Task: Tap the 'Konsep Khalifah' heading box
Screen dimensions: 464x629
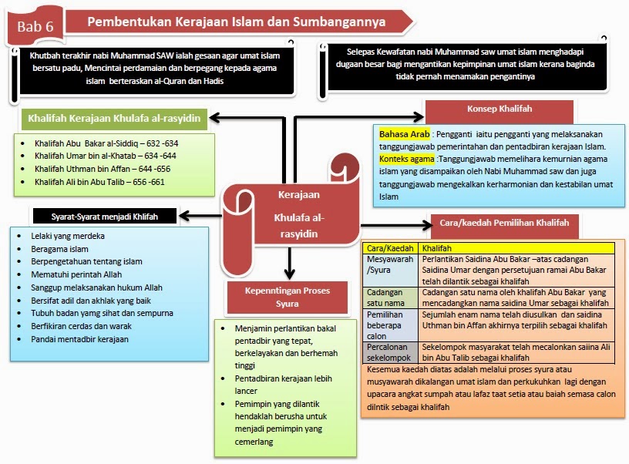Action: [499, 109]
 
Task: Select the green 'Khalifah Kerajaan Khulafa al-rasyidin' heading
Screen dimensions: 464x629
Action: [113, 119]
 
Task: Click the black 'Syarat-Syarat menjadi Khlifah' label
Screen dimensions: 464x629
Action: [103, 217]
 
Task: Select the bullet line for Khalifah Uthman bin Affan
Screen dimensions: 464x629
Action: [106, 169]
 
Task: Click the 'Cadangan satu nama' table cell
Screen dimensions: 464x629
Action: [389, 298]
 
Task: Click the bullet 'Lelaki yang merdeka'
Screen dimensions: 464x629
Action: [67, 236]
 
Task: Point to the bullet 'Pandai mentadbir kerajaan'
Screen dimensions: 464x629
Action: [80, 339]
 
